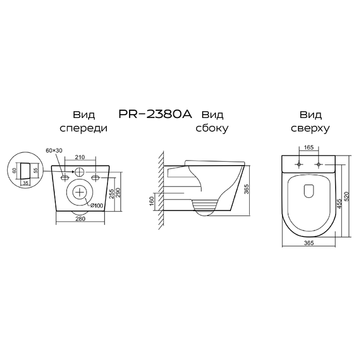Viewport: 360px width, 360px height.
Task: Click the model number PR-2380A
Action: click(155, 114)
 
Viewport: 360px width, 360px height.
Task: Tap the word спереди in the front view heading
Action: click(84, 128)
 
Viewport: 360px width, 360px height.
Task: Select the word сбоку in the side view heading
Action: click(212, 128)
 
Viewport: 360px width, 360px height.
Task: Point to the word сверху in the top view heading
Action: click(310, 128)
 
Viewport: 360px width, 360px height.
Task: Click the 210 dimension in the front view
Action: click(80, 157)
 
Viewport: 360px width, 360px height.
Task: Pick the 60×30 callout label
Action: click(54, 151)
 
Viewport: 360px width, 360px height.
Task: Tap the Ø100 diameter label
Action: click(97, 205)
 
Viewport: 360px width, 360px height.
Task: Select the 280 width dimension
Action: click(80, 219)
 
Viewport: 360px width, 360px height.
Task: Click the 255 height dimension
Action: click(111, 194)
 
